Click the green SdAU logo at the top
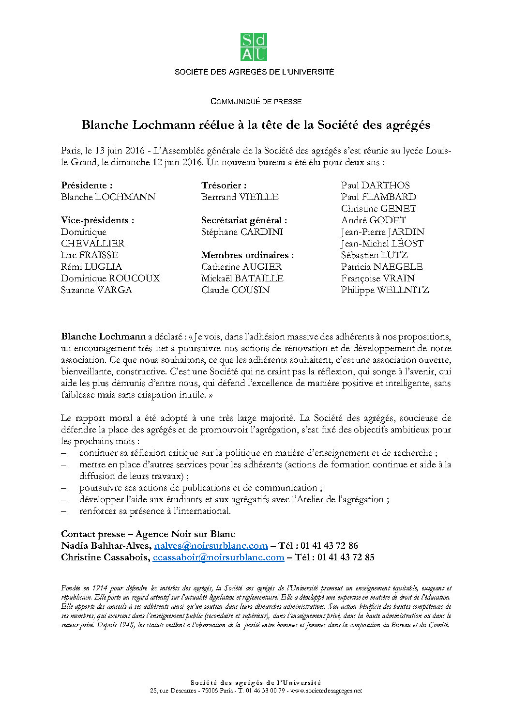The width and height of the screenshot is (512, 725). pyautogui.click(x=254, y=47)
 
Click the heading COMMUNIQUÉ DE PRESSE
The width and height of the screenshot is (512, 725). pyautogui.click(x=256, y=102)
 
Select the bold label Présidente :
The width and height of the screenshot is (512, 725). pyautogui.click(x=87, y=185)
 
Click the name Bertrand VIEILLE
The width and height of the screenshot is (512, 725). pyautogui.click(x=240, y=197)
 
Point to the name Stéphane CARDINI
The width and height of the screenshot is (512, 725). pyautogui.click(x=242, y=232)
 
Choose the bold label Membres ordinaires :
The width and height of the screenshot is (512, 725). pyautogui.click(x=247, y=255)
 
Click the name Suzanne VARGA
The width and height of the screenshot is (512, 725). pyautogui.click(x=96, y=290)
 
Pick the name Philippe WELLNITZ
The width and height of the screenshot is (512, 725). pyautogui.click(x=385, y=290)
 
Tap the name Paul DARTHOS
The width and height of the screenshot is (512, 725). pyautogui.click(x=375, y=185)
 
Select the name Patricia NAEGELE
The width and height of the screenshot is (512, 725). pyautogui.click(x=382, y=267)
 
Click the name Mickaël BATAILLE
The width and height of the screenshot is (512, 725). pyautogui.click(x=242, y=278)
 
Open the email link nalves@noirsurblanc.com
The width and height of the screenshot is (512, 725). pyautogui.click(x=211, y=546)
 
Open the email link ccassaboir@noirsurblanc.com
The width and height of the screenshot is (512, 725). pyautogui.click(x=218, y=557)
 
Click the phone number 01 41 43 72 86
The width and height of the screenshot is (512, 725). pyautogui.click(x=329, y=546)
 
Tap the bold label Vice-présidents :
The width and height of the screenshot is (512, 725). pyautogui.click(x=98, y=220)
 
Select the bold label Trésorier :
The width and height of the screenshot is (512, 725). pyautogui.click(x=224, y=185)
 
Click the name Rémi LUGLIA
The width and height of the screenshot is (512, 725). pyautogui.click(x=91, y=267)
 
